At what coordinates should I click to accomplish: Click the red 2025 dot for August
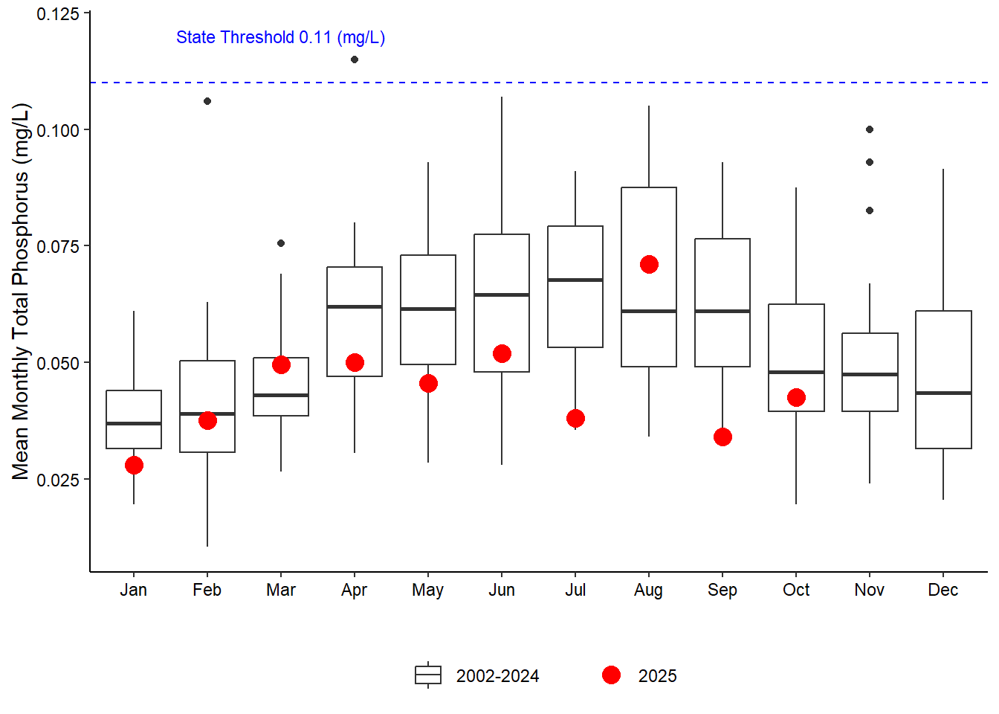coord(649,265)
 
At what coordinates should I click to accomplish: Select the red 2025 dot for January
coord(134,466)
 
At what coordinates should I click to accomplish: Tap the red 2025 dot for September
coord(722,437)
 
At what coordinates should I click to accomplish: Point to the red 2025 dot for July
coord(575,419)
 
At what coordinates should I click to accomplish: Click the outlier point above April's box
coord(355,59)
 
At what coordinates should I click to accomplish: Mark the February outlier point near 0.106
coord(207,101)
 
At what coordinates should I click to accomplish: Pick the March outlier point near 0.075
coord(281,243)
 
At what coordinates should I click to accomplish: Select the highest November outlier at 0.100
coord(870,129)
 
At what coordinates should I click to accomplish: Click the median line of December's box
coord(943,393)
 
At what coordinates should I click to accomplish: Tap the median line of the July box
coord(575,280)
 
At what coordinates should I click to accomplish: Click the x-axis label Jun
coord(502,590)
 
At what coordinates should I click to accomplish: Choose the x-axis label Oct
coord(796,590)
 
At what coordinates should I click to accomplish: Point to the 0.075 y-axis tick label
coord(58,246)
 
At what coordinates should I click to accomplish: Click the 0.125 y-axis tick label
coord(58,14)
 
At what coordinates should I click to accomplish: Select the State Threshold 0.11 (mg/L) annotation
coord(280,37)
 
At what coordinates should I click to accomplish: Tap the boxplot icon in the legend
coord(428,675)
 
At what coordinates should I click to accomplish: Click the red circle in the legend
coord(611,675)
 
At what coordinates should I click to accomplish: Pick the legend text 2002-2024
coord(497,676)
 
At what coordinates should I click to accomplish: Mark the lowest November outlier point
coord(870,210)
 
